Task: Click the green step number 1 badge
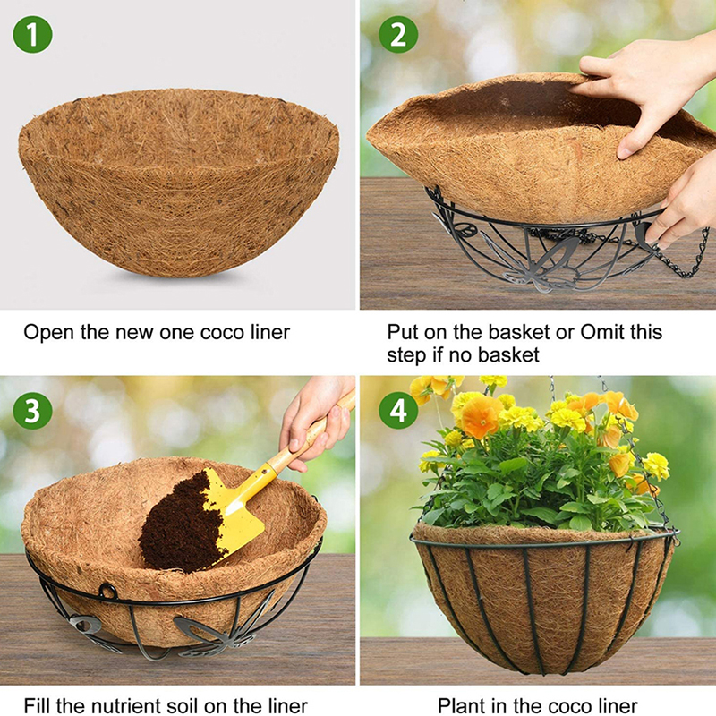[32, 35]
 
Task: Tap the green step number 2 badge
[398, 35]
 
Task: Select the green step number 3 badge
[32, 411]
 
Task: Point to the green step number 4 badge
[398, 411]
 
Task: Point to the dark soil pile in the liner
[183, 525]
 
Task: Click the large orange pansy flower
[481, 415]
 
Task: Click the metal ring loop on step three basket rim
[107, 591]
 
